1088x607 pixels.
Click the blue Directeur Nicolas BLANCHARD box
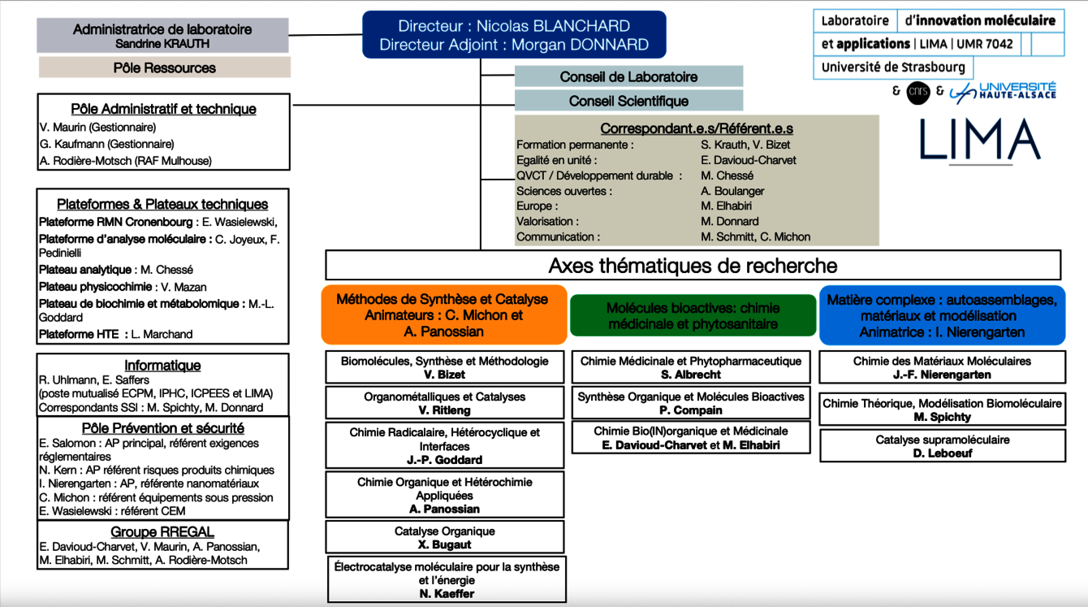click(x=513, y=35)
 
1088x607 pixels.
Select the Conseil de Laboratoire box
click(x=628, y=77)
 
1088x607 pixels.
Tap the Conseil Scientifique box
click(x=628, y=102)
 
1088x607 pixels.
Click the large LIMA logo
click(x=980, y=140)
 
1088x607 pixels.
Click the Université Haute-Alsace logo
click(x=1003, y=92)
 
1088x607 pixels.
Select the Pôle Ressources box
click(x=164, y=68)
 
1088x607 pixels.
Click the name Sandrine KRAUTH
click(x=162, y=43)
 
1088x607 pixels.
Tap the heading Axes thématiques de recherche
click(x=693, y=266)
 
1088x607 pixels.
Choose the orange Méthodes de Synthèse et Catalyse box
click(x=443, y=314)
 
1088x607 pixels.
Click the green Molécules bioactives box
click(x=693, y=316)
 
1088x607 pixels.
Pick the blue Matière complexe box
click(x=942, y=315)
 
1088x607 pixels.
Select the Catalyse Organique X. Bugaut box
click(x=444, y=537)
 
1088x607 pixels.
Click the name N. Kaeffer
click(x=447, y=594)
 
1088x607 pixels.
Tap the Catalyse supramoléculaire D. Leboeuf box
click(x=942, y=445)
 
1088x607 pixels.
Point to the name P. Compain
click(x=691, y=410)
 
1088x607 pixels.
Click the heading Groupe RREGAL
click(x=162, y=532)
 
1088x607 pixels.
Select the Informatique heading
click(x=162, y=366)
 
